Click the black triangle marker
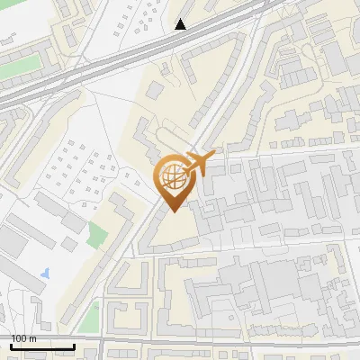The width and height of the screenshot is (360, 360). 181,24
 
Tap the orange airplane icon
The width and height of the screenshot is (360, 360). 201,164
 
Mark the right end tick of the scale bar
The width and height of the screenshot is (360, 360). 74,346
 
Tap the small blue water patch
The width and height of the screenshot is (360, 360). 45,271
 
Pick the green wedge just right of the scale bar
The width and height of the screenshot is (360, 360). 91,317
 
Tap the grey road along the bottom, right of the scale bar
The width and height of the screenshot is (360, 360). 225,346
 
